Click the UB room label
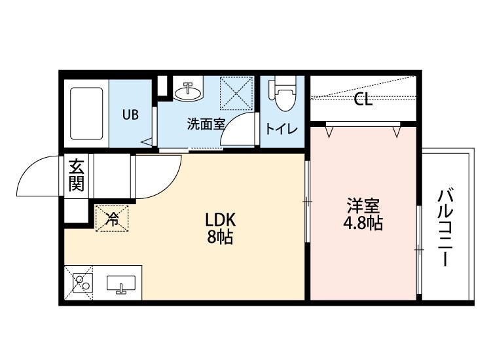(x=130, y=114)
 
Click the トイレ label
(x=282, y=128)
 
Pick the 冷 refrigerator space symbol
(x=113, y=218)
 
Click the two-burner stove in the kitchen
(x=81, y=283)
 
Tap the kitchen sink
(x=120, y=285)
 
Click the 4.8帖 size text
(x=363, y=223)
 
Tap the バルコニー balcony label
(x=446, y=227)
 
